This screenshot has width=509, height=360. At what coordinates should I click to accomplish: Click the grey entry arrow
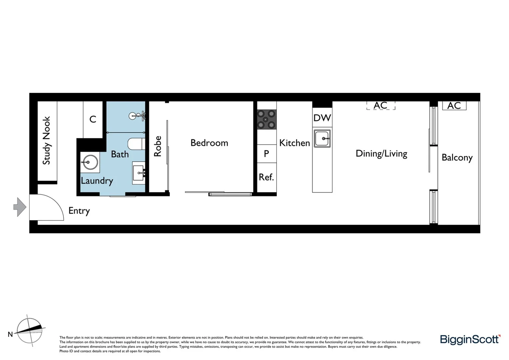click(20, 207)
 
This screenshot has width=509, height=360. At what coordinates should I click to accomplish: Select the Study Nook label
click(47, 140)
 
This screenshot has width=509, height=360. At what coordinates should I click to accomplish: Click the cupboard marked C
click(93, 119)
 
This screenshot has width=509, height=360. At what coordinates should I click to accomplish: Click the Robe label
click(157, 146)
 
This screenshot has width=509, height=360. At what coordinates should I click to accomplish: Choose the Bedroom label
click(209, 143)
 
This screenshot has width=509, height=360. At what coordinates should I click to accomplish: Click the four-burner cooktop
click(266, 119)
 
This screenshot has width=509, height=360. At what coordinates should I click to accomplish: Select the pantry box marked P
click(266, 154)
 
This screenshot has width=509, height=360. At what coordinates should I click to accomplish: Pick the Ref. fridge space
click(266, 177)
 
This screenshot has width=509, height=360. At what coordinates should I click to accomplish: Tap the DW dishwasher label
click(322, 118)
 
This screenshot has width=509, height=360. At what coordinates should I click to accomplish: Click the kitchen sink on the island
click(322, 138)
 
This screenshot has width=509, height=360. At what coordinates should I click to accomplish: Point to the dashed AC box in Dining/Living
click(380, 106)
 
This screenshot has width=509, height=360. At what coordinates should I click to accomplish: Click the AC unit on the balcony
click(454, 106)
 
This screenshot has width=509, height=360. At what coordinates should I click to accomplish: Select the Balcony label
click(457, 158)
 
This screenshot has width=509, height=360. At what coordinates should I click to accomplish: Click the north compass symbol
click(29, 330)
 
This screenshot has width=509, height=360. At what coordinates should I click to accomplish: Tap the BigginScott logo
click(470, 340)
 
